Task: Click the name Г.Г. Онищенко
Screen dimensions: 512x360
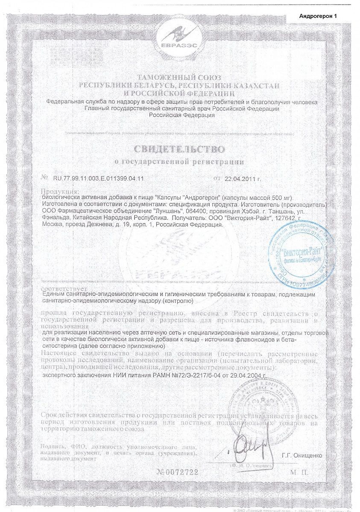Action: (x=301, y=455)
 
